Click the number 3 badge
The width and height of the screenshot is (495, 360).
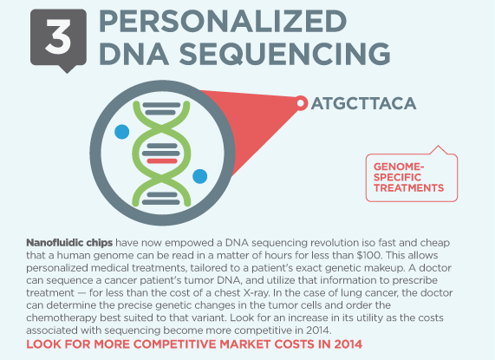(58, 38)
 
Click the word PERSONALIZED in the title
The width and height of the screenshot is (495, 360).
(223, 21)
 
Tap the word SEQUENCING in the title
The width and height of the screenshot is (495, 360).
(284, 54)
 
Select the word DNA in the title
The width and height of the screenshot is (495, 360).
(134, 54)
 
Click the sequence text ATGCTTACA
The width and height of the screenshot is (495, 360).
(364, 103)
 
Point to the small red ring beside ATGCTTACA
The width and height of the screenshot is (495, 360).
(301, 103)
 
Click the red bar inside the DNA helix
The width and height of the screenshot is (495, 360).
(162, 161)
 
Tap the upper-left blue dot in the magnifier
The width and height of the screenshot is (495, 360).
(122, 132)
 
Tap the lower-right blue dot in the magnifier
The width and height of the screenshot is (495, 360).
(200, 176)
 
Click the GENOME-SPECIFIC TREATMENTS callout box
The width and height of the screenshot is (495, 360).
(411, 178)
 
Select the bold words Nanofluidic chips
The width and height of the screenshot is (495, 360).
(69, 243)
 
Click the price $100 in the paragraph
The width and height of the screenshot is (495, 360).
(368, 255)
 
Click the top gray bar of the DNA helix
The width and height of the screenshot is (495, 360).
(161, 105)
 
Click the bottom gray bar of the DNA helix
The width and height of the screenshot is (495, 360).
(161, 202)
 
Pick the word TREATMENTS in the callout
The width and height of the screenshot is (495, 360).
(409, 188)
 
